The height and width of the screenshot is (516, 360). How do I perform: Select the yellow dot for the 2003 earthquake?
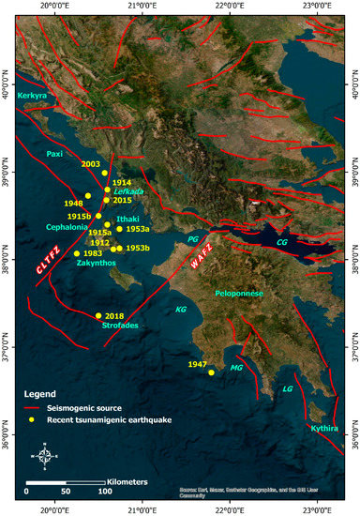tap(104, 173)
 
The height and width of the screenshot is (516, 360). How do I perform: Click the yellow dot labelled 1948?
tap(88, 195)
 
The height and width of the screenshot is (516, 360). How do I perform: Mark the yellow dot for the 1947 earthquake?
tap(211, 372)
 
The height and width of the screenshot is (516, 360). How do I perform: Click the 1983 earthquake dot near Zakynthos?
tap(76, 253)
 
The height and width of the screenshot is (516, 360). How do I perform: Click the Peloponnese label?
tap(241, 294)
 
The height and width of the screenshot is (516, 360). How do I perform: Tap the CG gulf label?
tap(281, 243)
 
